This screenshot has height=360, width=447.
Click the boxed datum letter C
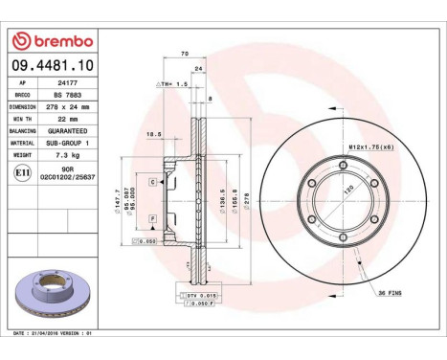[152, 180]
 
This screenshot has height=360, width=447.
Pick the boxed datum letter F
[152, 219]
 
